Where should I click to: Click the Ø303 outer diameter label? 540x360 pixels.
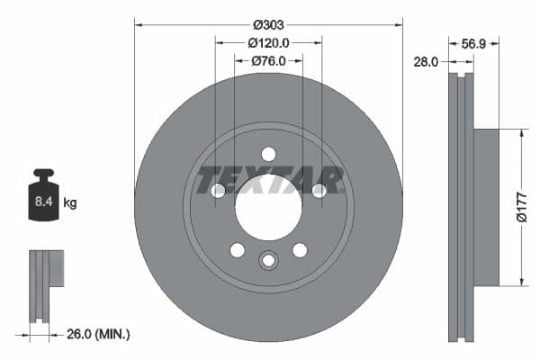point(268,24)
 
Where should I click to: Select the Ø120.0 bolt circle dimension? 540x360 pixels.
point(268,42)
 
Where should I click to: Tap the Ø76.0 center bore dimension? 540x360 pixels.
point(268,60)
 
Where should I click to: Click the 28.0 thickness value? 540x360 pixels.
point(426,61)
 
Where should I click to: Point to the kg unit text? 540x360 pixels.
point(69,203)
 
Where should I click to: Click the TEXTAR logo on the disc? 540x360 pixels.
point(269,180)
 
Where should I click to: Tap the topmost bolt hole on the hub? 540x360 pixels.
point(268,154)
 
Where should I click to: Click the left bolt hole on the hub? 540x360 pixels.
point(219,190)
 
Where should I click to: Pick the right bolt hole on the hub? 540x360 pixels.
point(318,190)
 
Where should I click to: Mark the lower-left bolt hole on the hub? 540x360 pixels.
point(237,249)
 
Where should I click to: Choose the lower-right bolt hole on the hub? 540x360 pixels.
point(300,249)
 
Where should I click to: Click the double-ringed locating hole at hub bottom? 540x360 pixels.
point(268,261)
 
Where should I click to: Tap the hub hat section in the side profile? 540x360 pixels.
point(485,207)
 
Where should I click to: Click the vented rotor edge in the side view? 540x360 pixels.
point(461,207)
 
